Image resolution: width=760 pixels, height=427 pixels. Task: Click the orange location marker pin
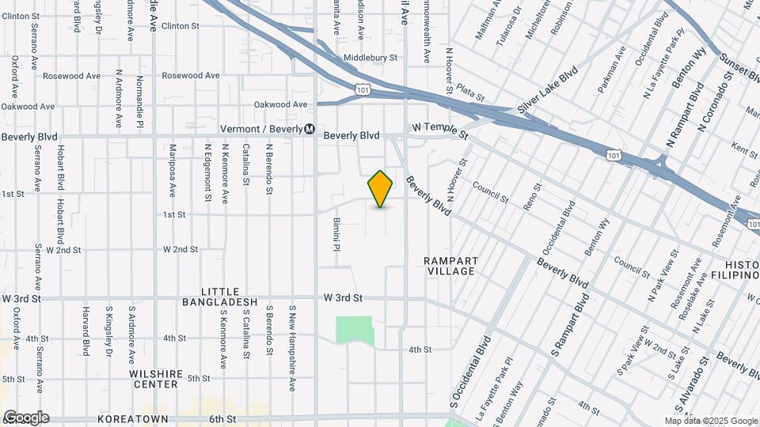[x=381, y=188]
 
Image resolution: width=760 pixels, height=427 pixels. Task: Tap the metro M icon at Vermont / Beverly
[x=310, y=129]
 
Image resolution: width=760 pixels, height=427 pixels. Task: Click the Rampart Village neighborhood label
[x=449, y=266]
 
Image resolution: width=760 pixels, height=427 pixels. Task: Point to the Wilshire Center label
[x=156, y=379]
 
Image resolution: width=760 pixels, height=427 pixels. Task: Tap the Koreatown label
[x=132, y=418]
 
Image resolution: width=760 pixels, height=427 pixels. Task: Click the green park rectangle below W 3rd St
[x=354, y=329]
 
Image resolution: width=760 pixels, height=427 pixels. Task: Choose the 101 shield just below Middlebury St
[x=363, y=89]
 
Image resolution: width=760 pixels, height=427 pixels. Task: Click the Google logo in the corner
[x=25, y=418]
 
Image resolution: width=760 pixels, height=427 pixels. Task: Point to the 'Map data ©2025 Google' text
[x=711, y=420]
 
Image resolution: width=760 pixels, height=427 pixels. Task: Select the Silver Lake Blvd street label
[x=548, y=89]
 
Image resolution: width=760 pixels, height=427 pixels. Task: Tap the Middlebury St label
[x=370, y=58]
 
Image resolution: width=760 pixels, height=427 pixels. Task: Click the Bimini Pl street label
[x=336, y=235]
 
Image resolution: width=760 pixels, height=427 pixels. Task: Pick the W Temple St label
[x=441, y=130]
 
